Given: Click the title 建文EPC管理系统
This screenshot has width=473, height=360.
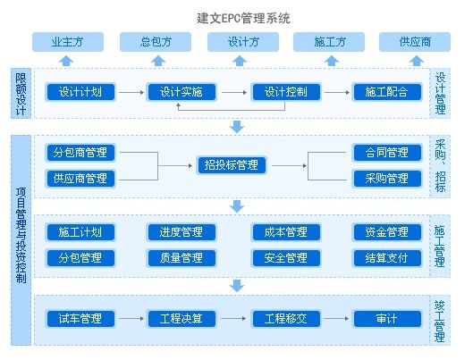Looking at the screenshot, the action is coord(243,18).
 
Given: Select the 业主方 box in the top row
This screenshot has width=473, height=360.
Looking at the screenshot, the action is coord(68,42).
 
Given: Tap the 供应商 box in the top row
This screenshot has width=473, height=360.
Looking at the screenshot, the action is coord(415,42).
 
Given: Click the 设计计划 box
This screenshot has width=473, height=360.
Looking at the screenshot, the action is coord(80,92).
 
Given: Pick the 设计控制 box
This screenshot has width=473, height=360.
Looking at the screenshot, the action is coord(286,92).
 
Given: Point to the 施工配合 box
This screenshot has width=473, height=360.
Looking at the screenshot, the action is coord(387,92).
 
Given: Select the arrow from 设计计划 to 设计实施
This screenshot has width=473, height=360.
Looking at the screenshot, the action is coord(131,92).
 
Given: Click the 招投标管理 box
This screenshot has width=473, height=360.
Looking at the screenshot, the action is coord(232,165).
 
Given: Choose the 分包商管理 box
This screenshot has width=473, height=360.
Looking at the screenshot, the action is coord(80,153).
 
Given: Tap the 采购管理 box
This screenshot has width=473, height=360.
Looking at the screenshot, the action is coord(387,179).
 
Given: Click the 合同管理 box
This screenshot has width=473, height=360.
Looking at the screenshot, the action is coord(387,153).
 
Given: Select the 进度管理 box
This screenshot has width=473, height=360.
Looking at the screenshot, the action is coord(182,232).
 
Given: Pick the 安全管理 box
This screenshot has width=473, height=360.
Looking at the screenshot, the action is coord(286,258).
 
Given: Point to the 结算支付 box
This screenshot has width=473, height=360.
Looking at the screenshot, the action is coord(387,258).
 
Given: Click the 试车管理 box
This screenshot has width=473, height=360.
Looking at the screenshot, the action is coord(80,319).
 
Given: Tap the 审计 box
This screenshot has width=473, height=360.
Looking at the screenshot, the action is coord(387,319).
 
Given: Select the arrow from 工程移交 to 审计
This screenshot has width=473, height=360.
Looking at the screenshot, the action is coord(336,318).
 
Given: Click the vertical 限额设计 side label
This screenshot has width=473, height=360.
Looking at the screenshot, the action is coord(21,94).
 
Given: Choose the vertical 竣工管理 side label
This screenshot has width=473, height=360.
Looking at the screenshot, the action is coord(440,321).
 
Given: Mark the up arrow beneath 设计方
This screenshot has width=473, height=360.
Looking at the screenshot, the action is coord(240,61).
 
